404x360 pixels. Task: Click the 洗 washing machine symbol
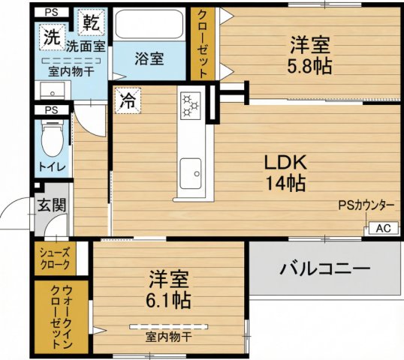51,34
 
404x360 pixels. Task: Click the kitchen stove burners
189,106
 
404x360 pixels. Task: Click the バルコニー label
325,268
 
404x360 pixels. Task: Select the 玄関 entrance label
51,204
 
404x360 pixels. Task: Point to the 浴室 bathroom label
149,57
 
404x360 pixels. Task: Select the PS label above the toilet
50,109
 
